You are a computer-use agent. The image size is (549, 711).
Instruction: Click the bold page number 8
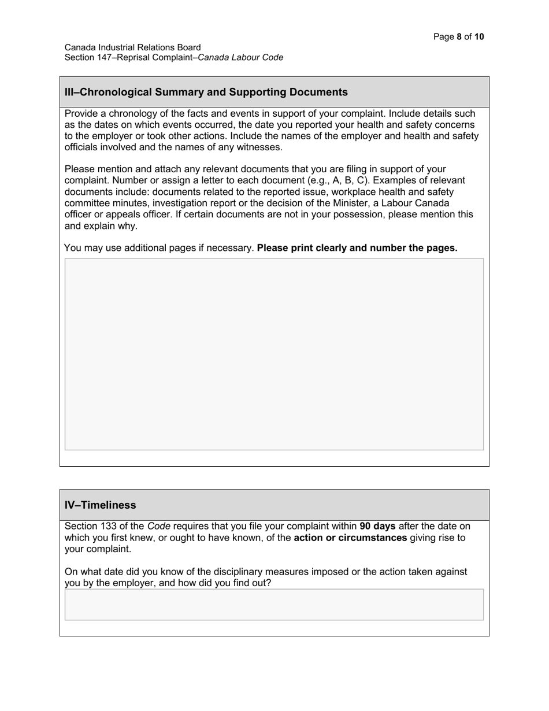459,37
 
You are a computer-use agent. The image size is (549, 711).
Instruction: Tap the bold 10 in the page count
479,37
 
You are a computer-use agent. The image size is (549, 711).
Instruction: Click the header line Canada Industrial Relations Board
132,47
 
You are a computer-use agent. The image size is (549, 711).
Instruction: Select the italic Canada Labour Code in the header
240,57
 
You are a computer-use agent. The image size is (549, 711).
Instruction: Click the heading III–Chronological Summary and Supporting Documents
206,92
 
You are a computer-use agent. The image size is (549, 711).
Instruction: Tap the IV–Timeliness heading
100,505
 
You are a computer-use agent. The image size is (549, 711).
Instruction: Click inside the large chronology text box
274,354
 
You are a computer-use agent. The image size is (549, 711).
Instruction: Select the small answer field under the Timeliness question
274,605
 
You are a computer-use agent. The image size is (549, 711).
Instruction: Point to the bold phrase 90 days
377,527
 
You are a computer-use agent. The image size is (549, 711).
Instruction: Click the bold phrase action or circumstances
350,538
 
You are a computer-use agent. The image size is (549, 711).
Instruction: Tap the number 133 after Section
109,527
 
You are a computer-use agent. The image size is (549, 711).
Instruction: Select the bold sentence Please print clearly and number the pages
357,248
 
